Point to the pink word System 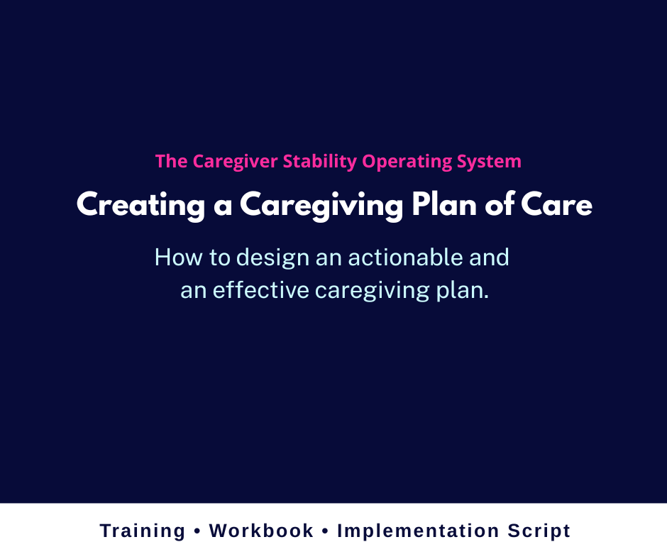click(x=490, y=162)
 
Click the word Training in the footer click(x=143, y=531)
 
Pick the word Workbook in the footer click(x=261, y=531)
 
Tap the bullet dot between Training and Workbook click(x=197, y=531)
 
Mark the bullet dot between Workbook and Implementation click(x=326, y=531)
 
